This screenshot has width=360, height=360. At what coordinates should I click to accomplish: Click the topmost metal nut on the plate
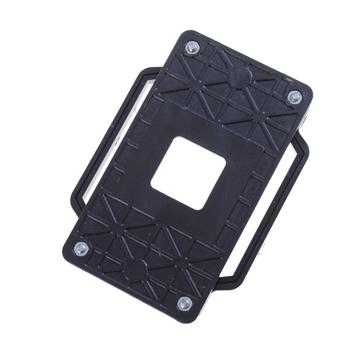pos(192,47)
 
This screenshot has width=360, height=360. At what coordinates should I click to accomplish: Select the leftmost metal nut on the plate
pos(81,248)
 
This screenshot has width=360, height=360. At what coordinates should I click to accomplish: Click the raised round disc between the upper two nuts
pos(240,76)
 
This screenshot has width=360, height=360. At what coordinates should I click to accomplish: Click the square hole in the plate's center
pos(188,173)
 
